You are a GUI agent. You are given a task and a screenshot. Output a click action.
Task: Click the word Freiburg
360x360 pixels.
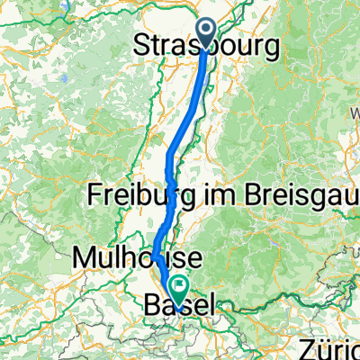click(132, 195)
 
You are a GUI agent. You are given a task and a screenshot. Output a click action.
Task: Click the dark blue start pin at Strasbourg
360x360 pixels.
click(206, 34)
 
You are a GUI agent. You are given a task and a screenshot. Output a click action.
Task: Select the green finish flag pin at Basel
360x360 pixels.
click(178, 289)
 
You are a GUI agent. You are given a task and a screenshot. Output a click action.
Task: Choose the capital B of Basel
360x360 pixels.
click(151, 306)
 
